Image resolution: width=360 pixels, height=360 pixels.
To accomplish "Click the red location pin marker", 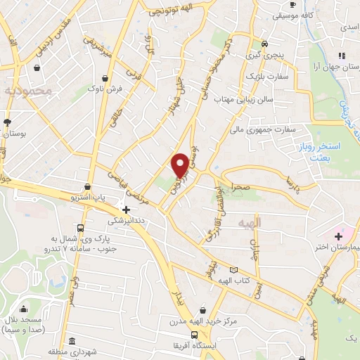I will coord(181,165).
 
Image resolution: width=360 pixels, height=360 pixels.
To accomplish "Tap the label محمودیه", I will coord(27,91).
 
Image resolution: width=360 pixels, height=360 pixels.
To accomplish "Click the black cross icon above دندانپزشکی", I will coord(126,209).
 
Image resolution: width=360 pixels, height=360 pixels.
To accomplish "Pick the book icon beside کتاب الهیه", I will coord(233,269).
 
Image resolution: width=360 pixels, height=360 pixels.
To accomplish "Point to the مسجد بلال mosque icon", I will coord(25,308).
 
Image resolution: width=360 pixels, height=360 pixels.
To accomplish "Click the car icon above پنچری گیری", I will coord(264,41).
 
